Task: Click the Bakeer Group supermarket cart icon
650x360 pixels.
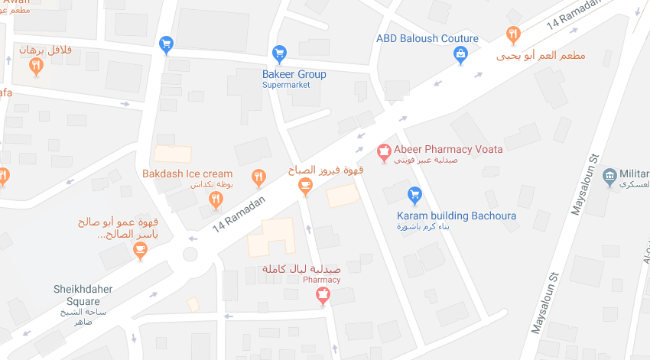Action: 279,54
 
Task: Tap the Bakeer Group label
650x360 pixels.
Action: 294,74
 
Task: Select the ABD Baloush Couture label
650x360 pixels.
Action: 427,38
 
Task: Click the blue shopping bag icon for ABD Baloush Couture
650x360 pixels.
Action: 461,54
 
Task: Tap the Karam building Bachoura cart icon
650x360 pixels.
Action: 415,195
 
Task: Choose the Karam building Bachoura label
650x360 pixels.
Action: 456,216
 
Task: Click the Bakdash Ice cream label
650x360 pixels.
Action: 187,174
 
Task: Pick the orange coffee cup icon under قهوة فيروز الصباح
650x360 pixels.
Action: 305,185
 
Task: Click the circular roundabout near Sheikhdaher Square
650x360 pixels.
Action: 190,254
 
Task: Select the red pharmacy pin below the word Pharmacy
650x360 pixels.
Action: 323,295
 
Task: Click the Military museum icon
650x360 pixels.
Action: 610,176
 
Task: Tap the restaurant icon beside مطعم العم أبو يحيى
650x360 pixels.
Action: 513,34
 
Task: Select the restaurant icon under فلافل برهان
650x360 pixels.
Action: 36,66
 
